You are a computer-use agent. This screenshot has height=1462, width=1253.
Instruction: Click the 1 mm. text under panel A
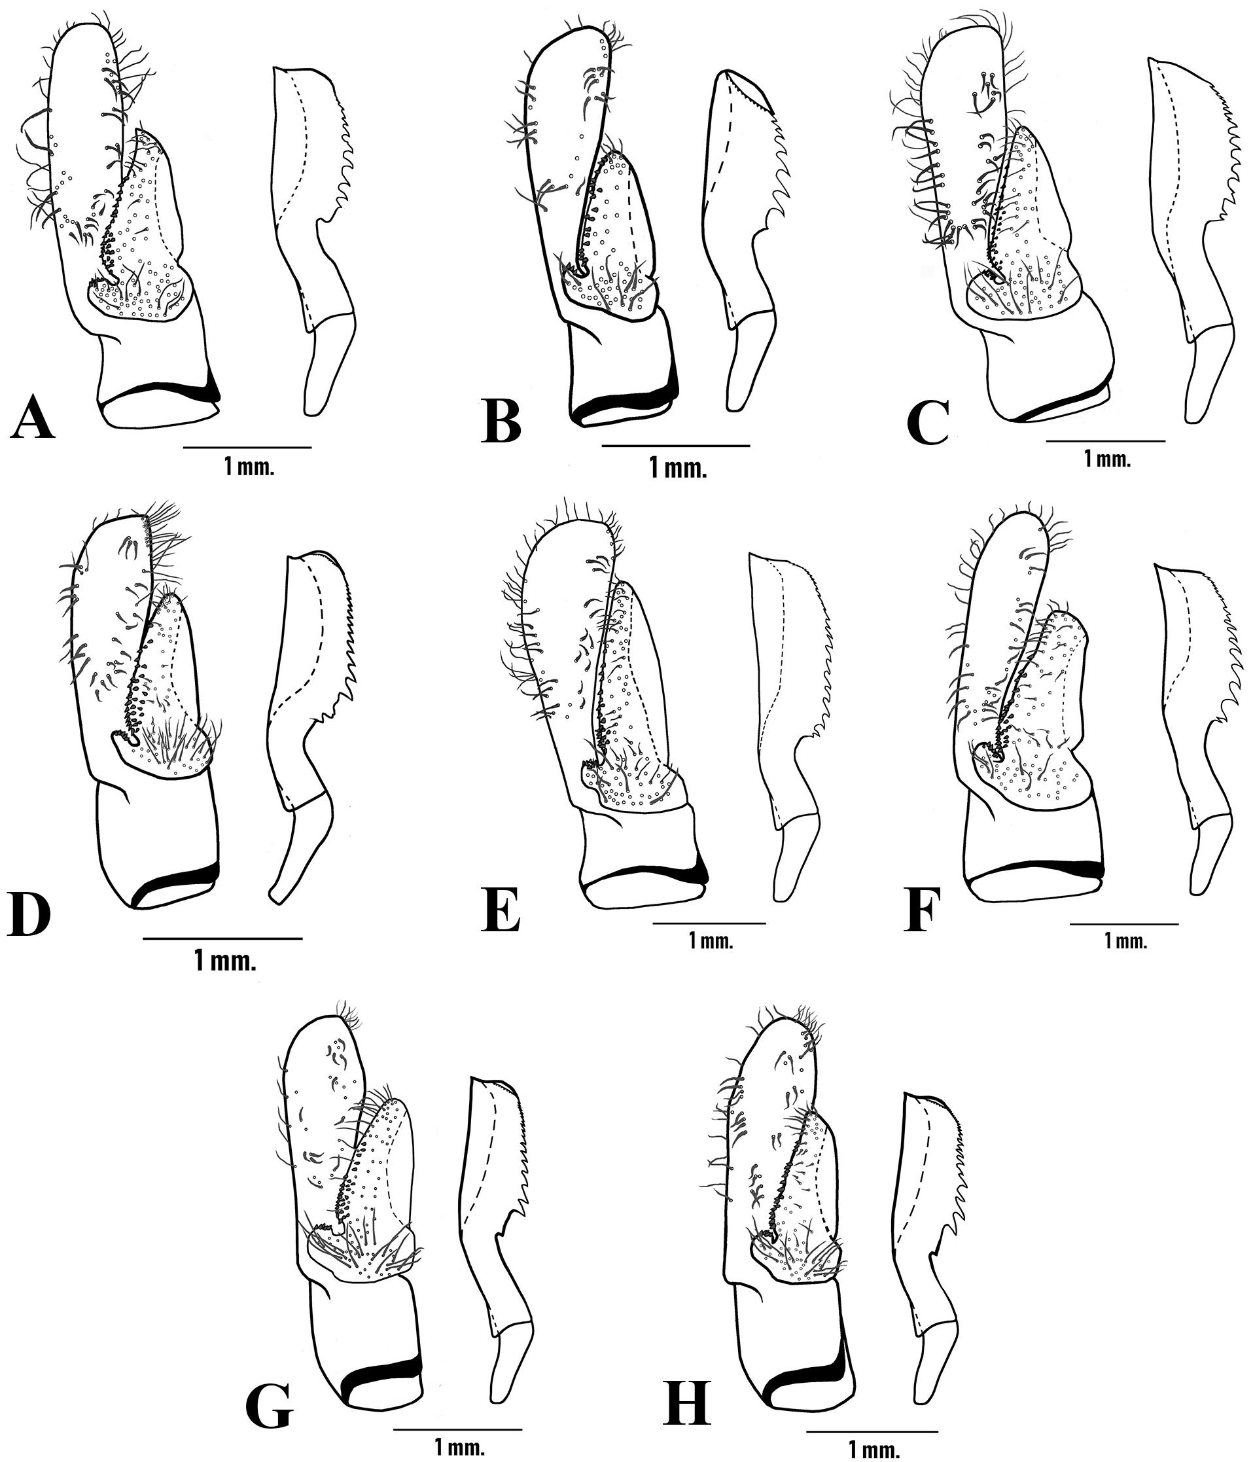(249, 467)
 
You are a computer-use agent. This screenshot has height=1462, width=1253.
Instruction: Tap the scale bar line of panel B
(676, 446)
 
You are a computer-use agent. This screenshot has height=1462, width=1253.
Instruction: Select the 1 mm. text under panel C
(1107, 460)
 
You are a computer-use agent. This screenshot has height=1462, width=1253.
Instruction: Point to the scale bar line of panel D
(222, 938)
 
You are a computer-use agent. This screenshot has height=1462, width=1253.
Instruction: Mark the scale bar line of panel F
(1124, 923)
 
